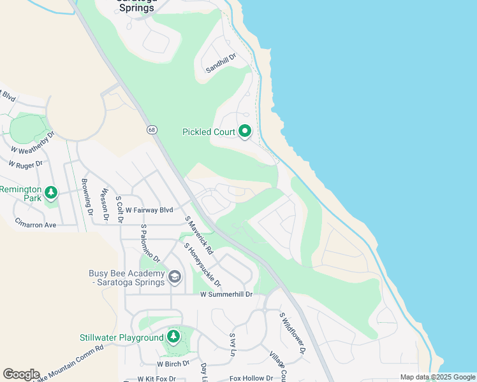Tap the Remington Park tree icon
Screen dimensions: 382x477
[51, 191]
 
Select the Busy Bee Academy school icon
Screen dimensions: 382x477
[174, 277]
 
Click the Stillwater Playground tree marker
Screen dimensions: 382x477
[173, 337]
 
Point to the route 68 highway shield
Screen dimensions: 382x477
[151, 130]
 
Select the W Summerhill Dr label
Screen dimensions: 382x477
[226, 295]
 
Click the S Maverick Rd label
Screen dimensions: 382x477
[198, 234]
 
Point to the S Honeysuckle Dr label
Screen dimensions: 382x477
[202, 264]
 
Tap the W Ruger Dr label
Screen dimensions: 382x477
[26, 164]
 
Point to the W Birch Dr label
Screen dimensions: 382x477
[173, 364]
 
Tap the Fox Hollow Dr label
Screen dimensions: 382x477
[251, 378]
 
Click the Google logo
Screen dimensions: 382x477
[21, 374]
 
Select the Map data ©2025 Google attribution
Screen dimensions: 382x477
[437, 377]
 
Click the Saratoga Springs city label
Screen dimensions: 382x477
[137, 3]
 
